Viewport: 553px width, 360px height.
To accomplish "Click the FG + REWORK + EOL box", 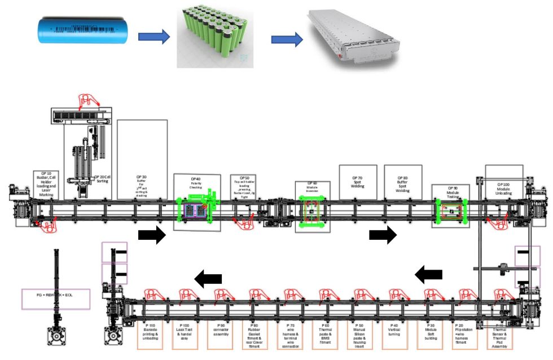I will tap(55, 298).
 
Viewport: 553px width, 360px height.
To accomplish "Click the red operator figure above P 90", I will tap(221, 295).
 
